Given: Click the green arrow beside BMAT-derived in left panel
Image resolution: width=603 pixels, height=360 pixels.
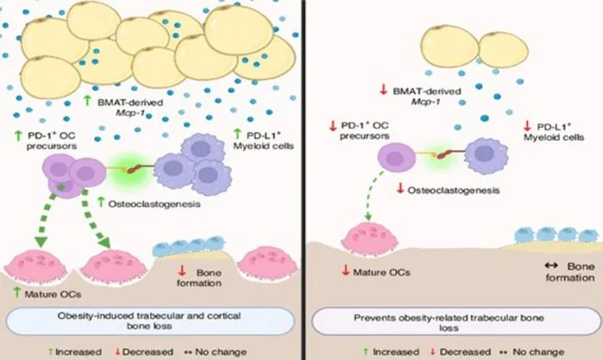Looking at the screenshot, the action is [88, 101].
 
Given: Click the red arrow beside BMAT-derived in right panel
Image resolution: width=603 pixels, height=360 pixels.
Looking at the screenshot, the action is [383, 90].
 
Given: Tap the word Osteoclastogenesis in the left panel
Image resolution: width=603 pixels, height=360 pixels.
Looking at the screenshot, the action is [154, 204].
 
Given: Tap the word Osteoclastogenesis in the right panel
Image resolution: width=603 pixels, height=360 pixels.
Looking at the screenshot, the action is [453, 190].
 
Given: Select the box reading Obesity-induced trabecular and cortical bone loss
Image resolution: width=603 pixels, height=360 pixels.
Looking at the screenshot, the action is [150, 320].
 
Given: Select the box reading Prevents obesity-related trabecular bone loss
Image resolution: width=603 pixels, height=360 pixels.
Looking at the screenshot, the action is [456, 321].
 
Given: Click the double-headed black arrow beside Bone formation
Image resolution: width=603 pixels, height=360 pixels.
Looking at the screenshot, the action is [551, 265].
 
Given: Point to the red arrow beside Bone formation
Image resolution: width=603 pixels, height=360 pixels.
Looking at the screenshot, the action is [182, 270].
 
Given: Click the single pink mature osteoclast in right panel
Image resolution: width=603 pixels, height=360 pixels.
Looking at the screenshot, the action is [370, 239].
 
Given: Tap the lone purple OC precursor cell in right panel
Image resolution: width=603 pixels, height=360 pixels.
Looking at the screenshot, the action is [396, 158].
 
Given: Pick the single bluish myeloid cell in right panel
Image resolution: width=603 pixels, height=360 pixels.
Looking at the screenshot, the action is [486, 155].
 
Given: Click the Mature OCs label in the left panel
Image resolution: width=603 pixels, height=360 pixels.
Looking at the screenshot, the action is [53, 295].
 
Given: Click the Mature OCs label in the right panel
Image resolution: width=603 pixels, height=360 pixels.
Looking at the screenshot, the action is [382, 272].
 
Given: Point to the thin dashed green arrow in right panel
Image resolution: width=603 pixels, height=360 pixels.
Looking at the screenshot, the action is [372, 196].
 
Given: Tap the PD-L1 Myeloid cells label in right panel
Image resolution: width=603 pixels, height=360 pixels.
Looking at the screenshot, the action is [554, 132].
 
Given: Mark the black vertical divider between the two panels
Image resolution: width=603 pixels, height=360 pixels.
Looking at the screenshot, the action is [304, 180].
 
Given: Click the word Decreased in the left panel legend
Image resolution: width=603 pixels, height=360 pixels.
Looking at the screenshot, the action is [147, 352].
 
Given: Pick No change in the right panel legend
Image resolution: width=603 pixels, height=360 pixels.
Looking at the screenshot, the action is [538, 352].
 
